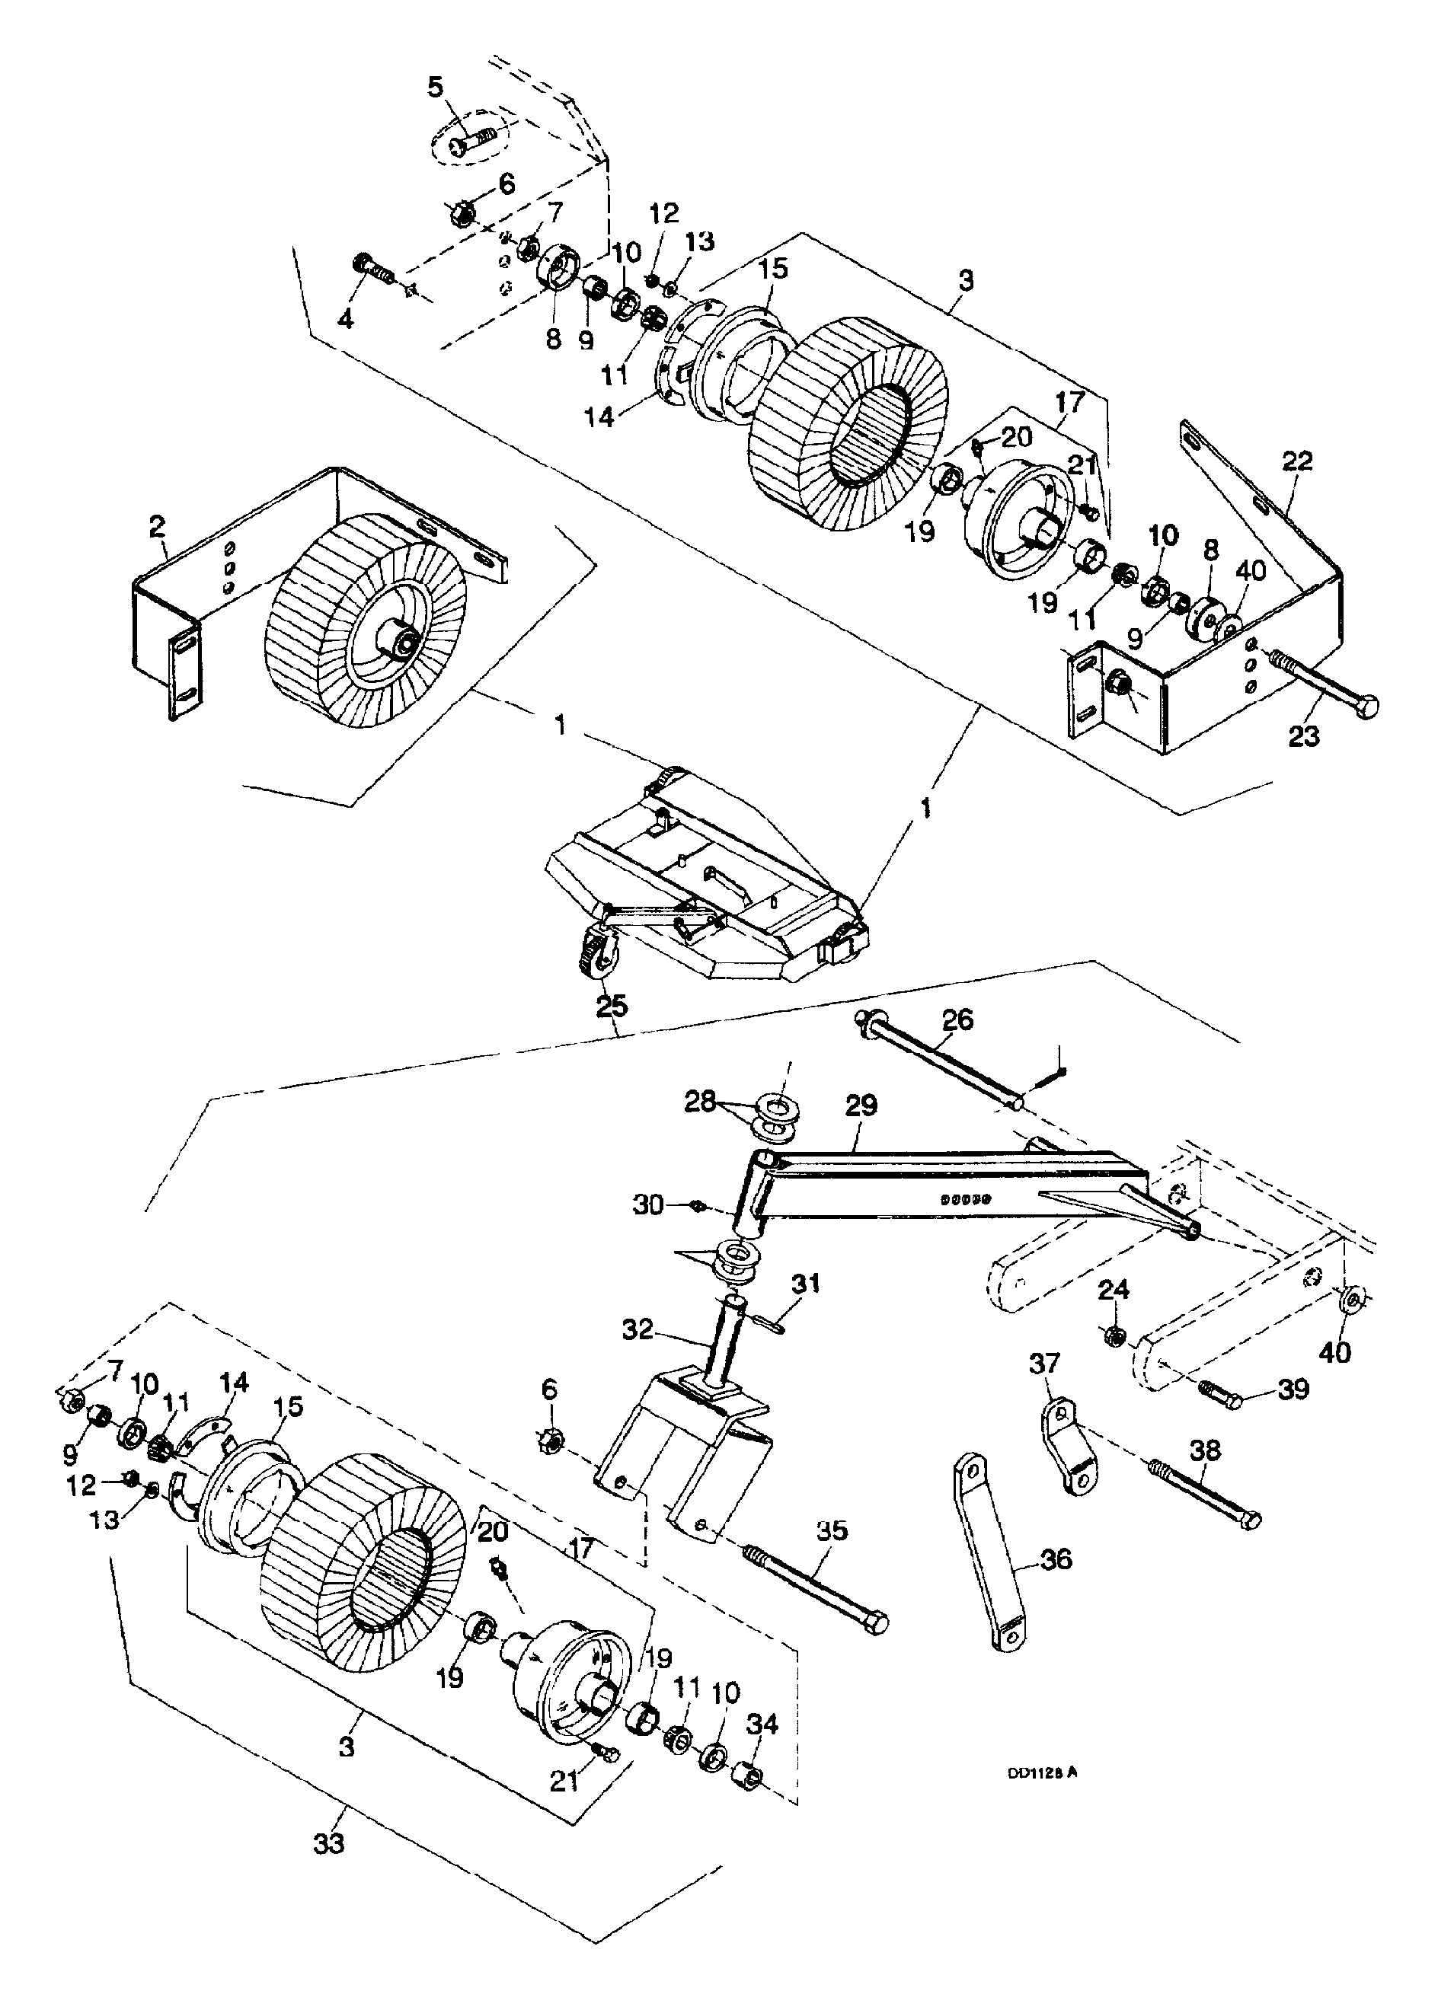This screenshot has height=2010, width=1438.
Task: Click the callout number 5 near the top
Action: (x=436, y=88)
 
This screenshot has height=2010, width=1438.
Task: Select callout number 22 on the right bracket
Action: (x=1296, y=461)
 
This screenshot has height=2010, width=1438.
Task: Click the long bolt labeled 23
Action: (x=1321, y=686)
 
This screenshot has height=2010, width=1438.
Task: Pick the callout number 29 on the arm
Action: (x=861, y=1105)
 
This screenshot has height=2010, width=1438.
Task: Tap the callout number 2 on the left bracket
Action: (x=157, y=527)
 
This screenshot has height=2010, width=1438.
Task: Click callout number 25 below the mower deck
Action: (x=612, y=1007)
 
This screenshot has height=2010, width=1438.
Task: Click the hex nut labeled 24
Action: (x=1117, y=1335)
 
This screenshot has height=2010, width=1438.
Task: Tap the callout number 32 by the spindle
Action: (x=638, y=1329)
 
